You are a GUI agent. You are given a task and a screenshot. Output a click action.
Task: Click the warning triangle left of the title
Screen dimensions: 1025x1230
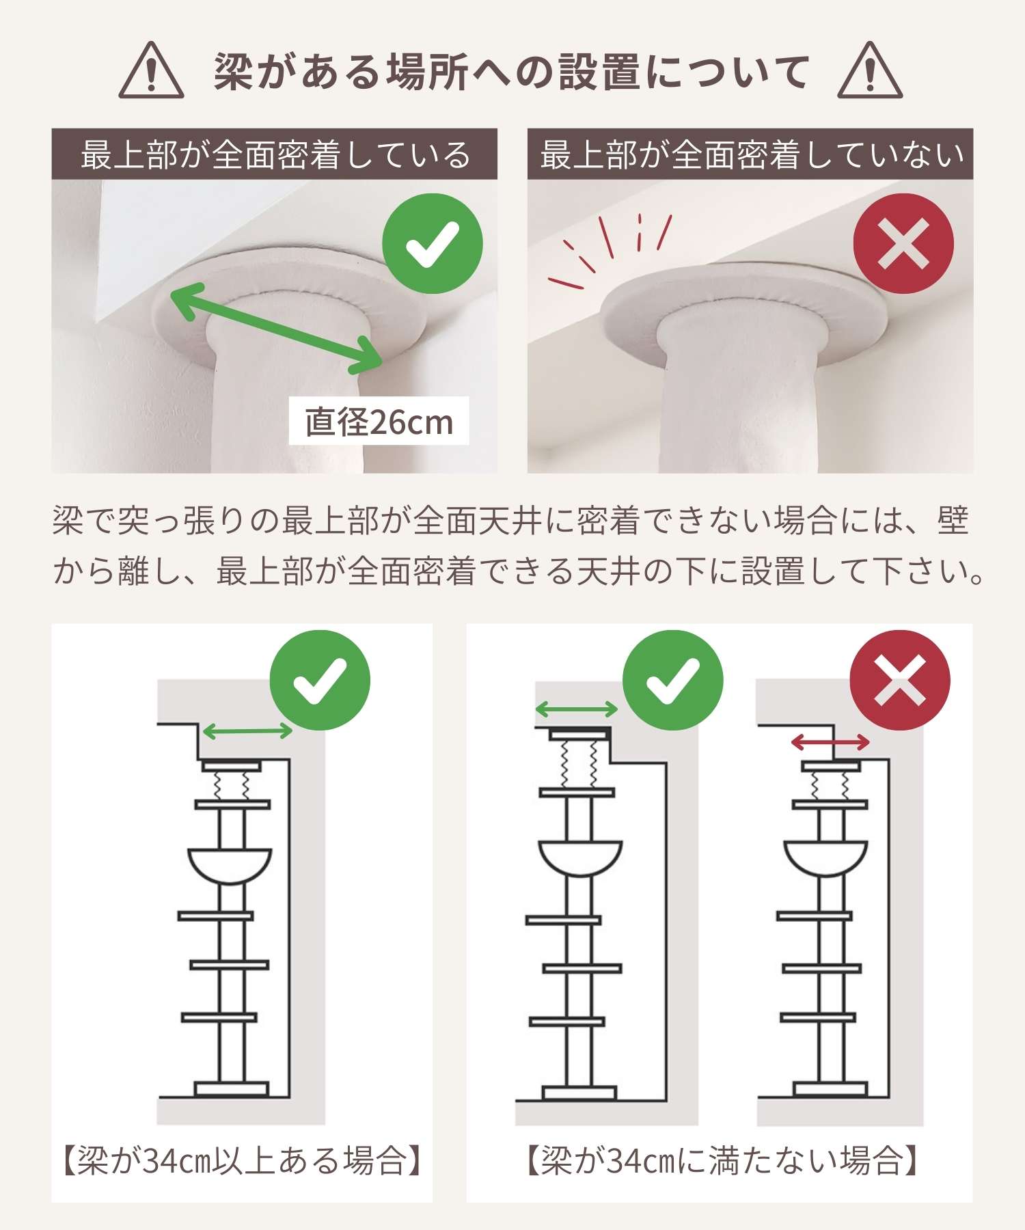151,70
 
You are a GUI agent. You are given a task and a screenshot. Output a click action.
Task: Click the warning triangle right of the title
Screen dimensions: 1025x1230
870,70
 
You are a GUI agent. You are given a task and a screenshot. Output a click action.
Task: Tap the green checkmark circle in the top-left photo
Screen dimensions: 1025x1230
433,244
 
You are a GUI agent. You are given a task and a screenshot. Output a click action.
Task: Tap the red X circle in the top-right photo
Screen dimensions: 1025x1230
903,244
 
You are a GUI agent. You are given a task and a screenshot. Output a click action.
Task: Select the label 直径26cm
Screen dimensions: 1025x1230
379,422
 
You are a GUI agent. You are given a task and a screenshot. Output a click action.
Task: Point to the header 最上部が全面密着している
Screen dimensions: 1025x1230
275,154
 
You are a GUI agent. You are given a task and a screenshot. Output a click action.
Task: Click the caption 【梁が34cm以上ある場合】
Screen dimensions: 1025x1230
242,1161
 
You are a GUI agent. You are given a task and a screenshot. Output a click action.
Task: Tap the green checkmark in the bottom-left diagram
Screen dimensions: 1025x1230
320,681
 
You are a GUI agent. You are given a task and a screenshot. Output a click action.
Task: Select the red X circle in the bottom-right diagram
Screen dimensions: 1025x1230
900,680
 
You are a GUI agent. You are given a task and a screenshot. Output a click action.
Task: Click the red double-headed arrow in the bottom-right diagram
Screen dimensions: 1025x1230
830,742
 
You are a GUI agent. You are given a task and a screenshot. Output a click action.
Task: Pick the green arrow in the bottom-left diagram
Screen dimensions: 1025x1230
248,732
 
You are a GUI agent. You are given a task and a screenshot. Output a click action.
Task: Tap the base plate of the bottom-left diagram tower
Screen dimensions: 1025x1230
231,1089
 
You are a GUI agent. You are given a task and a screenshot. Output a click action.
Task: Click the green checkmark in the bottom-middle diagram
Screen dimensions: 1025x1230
673,681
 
